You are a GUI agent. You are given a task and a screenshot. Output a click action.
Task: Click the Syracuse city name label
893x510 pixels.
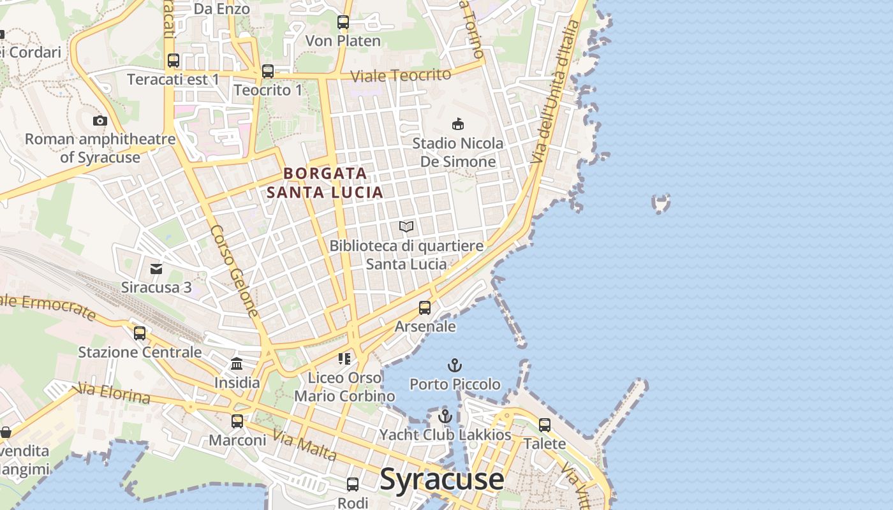[x=441, y=479]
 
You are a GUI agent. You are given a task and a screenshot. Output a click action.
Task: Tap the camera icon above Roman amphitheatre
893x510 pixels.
[x=100, y=120]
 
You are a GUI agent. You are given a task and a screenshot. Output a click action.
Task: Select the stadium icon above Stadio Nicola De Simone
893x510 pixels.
[x=457, y=124]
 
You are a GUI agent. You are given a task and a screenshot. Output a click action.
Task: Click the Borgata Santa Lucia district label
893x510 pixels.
[x=325, y=182]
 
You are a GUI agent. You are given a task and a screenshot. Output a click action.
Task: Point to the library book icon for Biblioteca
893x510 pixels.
[x=406, y=226]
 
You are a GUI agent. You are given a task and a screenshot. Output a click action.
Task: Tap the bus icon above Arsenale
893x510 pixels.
[x=425, y=308]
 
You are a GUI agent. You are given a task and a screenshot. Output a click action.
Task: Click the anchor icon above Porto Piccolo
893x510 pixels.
[x=454, y=365]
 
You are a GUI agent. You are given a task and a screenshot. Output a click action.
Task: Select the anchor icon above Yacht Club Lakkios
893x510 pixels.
[x=445, y=416]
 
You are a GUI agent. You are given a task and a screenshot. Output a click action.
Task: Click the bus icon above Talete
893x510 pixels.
[x=544, y=425]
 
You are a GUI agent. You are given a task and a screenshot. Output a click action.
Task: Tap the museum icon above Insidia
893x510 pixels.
[x=237, y=364]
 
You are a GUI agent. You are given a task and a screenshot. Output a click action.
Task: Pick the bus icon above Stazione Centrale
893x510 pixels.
[x=140, y=333]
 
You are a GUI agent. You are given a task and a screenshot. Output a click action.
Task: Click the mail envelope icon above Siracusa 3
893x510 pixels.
[x=156, y=268]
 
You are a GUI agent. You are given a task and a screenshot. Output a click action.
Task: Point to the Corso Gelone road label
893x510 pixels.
[x=235, y=271]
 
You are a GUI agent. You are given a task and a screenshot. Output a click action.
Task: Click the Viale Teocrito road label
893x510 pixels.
[x=401, y=75]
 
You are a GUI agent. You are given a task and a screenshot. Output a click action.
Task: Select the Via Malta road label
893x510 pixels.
[x=304, y=445]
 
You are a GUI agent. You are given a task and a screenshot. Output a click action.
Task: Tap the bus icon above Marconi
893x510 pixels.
[x=237, y=421]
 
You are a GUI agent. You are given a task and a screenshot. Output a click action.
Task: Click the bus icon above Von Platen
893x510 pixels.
[x=343, y=22]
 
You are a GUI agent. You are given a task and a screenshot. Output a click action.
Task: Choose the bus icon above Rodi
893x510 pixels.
[x=353, y=484]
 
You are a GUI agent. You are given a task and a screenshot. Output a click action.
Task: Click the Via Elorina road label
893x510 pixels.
[x=112, y=393]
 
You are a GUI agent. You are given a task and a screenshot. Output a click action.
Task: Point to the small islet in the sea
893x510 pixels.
[x=661, y=203]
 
